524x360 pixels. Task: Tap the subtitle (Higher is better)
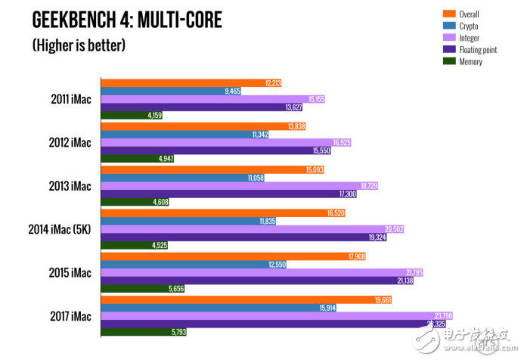coord(78,45)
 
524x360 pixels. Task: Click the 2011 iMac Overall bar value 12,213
coord(273,82)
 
